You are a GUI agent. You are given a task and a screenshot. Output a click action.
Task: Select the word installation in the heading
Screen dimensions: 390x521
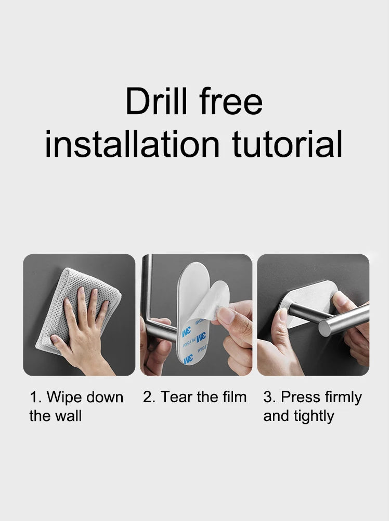(x=132, y=144)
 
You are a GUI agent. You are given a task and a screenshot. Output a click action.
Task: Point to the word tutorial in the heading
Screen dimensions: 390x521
(x=287, y=144)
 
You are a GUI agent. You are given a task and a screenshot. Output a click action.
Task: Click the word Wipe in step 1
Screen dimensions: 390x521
(x=63, y=397)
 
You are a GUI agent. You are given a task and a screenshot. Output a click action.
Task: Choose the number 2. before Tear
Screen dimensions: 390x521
(x=150, y=397)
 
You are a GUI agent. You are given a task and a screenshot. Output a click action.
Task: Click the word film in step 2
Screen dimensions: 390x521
(x=235, y=397)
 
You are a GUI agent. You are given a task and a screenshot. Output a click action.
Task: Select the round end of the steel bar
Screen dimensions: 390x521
(x=325, y=328)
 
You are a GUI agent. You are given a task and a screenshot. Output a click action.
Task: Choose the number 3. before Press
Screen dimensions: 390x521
(x=270, y=397)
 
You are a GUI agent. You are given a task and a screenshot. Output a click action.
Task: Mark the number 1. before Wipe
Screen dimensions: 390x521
(x=36, y=397)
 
